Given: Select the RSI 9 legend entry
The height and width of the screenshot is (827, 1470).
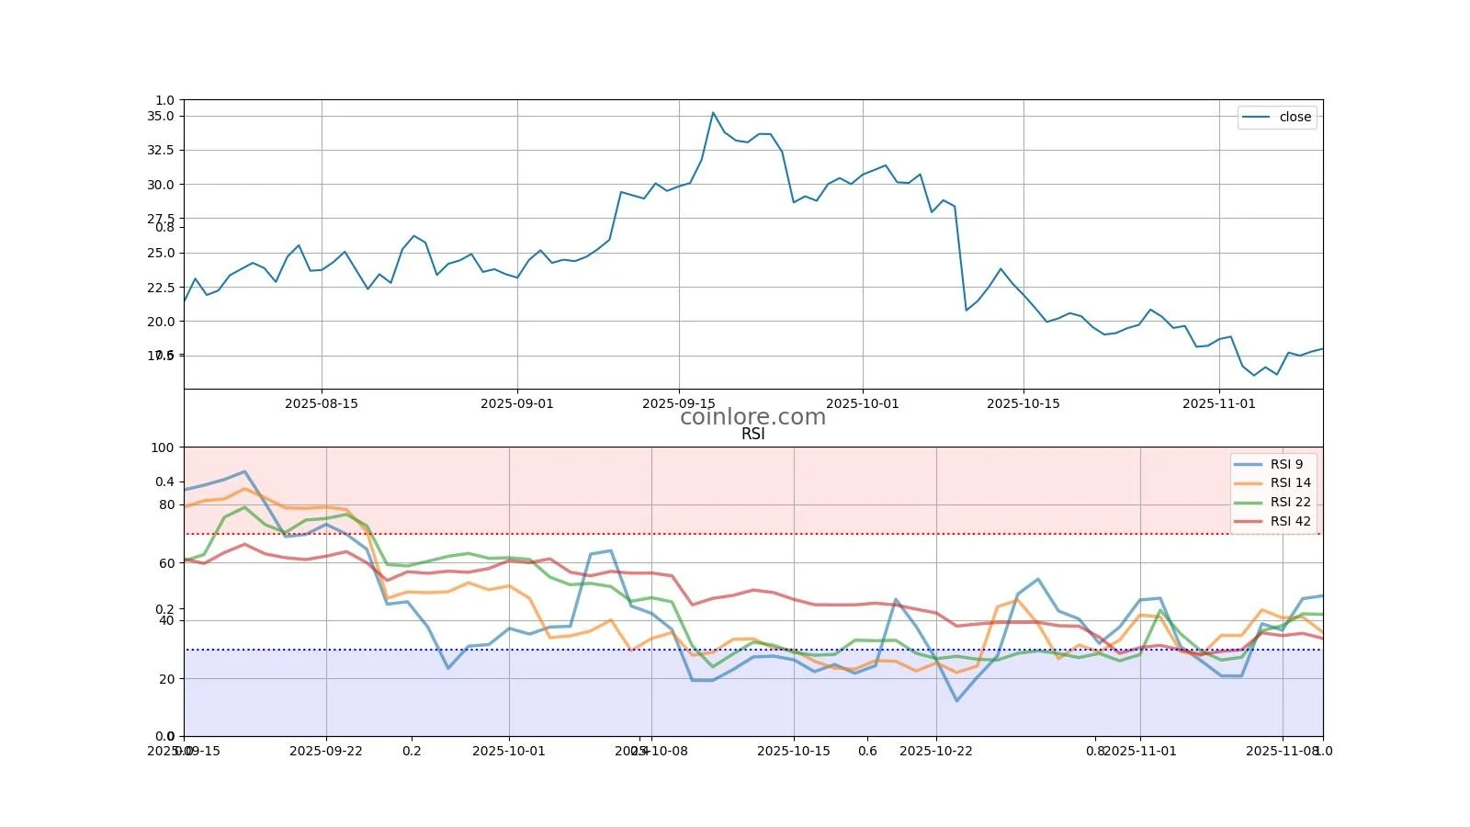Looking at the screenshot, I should click(1286, 464).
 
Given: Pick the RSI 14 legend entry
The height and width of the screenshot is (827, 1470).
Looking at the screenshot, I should click(1290, 482).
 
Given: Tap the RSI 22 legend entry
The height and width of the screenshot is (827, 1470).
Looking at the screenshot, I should click(1290, 502).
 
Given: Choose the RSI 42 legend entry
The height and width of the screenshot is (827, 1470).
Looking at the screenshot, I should click(1290, 521).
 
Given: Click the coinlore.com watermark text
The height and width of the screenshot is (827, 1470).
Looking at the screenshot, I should click(752, 417).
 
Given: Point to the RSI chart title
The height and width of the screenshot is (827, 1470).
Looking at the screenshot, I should click(752, 435).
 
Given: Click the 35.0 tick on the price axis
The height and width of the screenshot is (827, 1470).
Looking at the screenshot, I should click(160, 116).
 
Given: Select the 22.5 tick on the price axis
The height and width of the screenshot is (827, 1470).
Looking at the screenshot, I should click(160, 287).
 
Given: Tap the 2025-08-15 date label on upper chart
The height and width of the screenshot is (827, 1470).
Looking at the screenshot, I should click(322, 403).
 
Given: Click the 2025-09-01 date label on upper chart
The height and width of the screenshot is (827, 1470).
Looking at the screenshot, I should click(517, 403).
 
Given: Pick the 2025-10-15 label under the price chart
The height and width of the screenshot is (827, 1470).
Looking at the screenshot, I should click(1023, 403).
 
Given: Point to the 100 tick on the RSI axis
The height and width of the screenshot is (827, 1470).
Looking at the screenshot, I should click(162, 447).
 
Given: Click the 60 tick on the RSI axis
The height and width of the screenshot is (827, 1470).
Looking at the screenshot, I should click(165, 563).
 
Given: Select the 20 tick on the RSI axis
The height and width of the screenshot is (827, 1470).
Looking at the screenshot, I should click(165, 679).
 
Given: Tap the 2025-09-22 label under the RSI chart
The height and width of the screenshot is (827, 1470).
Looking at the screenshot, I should click(326, 751).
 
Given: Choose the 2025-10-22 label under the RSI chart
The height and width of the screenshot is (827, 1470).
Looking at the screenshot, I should click(936, 751).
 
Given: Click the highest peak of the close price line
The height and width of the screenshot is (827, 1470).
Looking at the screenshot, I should click(713, 113).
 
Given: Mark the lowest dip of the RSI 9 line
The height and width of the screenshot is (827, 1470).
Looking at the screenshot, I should click(957, 701).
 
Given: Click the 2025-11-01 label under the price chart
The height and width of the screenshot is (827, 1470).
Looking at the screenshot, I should click(1218, 403).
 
